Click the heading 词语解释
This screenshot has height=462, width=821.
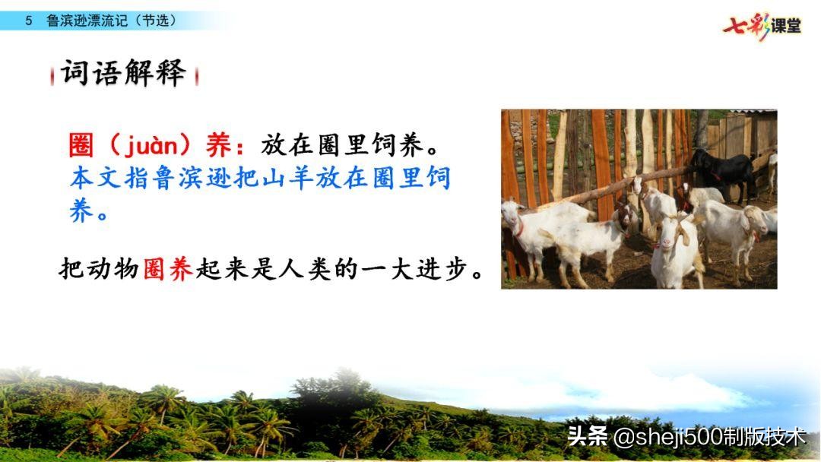point(124,74)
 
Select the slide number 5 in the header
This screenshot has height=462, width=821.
point(29,21)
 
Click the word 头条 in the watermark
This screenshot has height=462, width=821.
point(588,437)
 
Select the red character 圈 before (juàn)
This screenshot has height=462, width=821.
point(81,144)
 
